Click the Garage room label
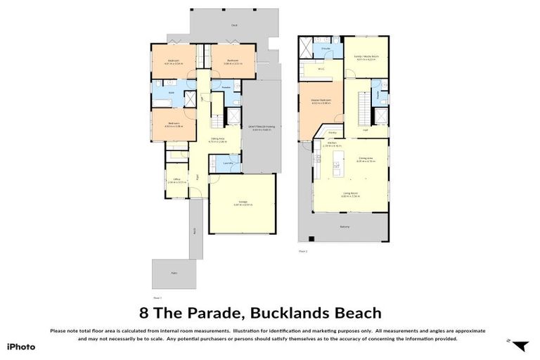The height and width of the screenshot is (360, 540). [x=243, y=202]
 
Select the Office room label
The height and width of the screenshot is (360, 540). [x=176, y=179]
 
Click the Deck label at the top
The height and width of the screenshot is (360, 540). [x=234, y=24]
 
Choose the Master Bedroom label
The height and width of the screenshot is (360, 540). [x=321, y=101]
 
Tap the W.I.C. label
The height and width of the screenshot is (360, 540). [x=320, y=69]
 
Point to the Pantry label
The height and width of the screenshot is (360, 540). [x=332, y=131]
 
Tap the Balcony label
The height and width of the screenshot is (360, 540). [x=345, y=226]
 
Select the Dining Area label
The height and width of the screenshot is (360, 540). [x=366, y=158]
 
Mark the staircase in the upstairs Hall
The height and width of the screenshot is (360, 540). [x=363, y=110]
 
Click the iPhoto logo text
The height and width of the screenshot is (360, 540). [x=21, y=346]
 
